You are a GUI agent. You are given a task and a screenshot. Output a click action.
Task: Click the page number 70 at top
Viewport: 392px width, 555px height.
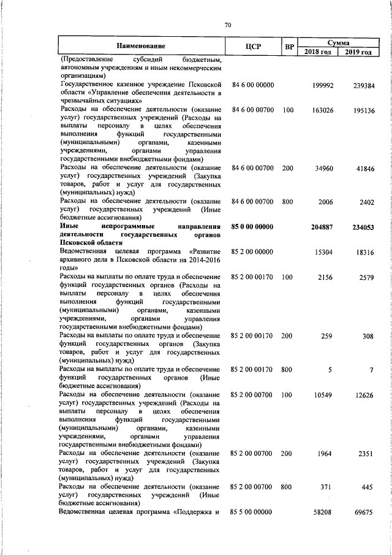[228, 25]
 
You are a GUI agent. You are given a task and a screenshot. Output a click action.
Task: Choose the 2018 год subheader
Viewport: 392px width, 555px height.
[318, 52]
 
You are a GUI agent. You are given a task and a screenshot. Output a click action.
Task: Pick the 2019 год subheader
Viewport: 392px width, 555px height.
[358, 52]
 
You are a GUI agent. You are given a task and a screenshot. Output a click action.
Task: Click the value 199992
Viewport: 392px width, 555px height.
[322, 85]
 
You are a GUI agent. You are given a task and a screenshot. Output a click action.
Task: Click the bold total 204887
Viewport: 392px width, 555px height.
[322, 228]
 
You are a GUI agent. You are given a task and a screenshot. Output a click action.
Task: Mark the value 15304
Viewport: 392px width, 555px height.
[323, 251]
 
